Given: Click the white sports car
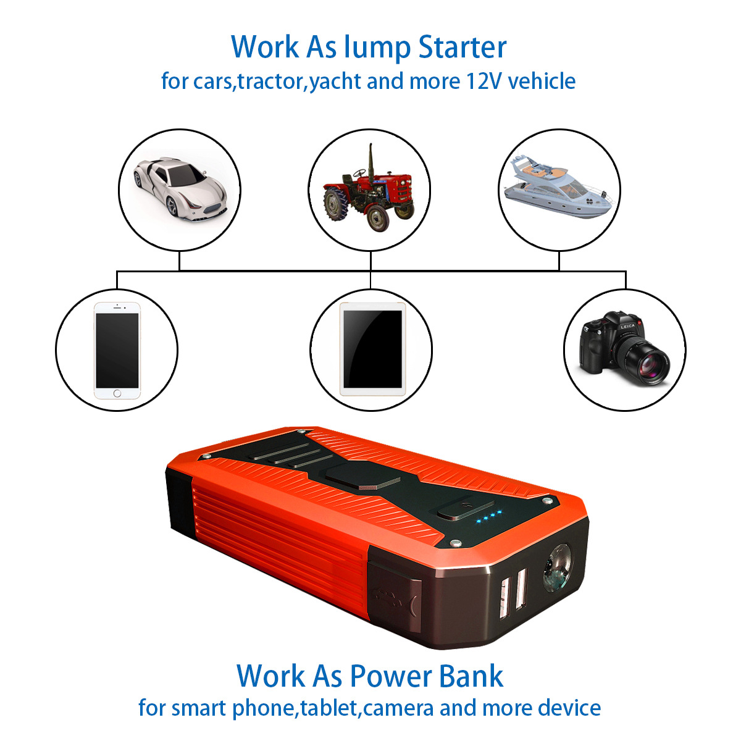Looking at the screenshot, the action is click(180, 190).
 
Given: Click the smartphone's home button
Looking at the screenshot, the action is click(117, 393).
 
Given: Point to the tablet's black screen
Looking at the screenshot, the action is click(372, 349).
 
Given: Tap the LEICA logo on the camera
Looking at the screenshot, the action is click(627, 327).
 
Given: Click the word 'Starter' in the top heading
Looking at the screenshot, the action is click(463, 48).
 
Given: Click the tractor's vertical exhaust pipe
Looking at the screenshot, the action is click(371, 162).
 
